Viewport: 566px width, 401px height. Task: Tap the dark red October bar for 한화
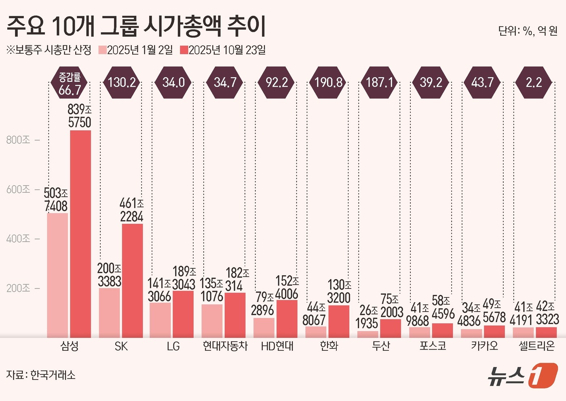339,321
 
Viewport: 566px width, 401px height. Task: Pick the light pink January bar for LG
160,320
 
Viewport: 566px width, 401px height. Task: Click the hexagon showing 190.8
328,83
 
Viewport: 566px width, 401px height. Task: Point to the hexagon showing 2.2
534,83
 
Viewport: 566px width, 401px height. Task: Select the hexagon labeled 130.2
122,83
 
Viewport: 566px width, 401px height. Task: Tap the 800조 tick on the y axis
18,140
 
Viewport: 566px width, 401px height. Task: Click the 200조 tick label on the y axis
18,288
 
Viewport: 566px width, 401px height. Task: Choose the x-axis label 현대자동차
225,346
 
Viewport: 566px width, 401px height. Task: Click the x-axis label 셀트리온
536,346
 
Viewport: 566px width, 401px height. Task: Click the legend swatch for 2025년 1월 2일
102,50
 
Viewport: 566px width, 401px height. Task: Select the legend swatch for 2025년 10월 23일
184,50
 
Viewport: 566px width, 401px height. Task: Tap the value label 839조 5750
80,116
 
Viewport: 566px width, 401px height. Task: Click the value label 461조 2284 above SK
132,210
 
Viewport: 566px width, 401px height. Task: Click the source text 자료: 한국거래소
41,375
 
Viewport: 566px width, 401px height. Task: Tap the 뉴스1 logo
522,376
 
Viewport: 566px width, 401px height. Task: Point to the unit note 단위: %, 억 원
528,31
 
